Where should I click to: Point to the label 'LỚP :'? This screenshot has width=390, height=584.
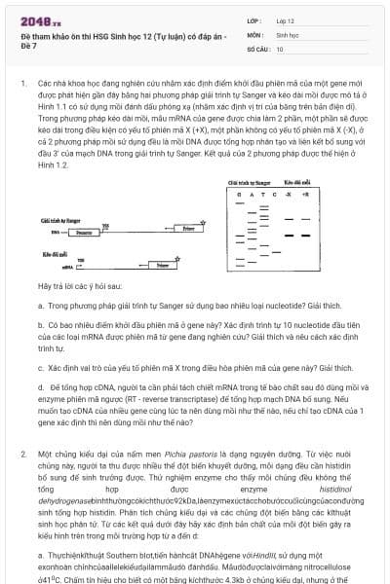(254, 19)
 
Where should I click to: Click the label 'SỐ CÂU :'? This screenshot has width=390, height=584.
(258, 48)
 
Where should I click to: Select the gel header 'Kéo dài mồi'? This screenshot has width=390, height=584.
(296, 182)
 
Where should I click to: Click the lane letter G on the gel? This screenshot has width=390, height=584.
(236, 195)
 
